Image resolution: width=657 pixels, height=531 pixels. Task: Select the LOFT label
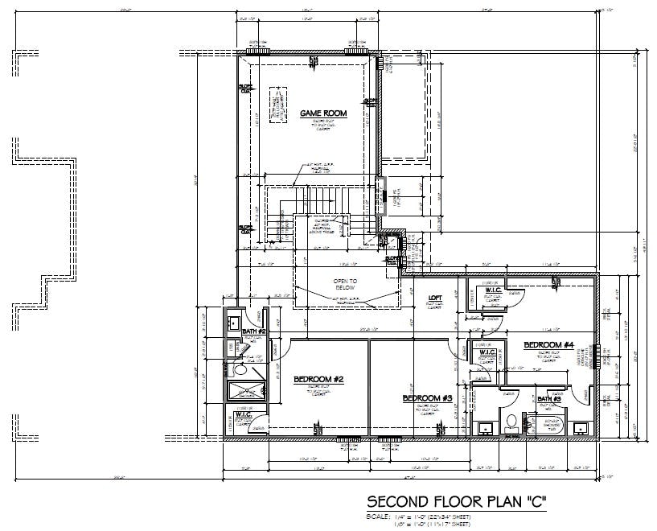[434, 297]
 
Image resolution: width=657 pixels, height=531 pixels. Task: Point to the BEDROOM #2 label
[318, 380]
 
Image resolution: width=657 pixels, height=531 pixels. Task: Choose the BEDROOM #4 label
[548, 345]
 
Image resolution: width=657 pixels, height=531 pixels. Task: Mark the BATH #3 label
[549, 399]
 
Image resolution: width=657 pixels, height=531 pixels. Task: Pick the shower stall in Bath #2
[245, 392]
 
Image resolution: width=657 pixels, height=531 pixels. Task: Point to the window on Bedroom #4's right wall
[599, 356]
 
